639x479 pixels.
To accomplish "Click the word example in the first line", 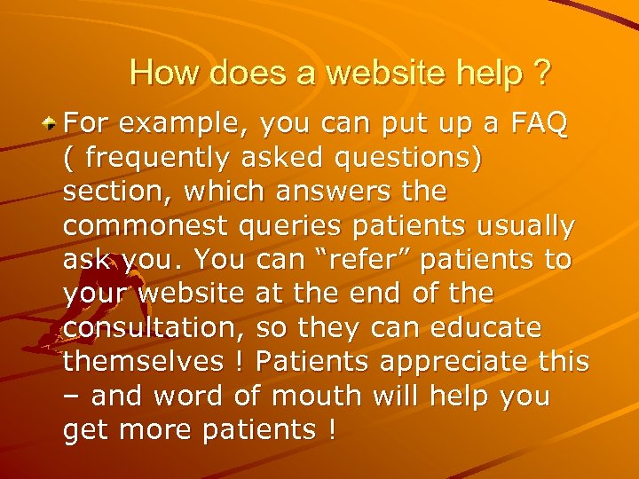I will point(177,123).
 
